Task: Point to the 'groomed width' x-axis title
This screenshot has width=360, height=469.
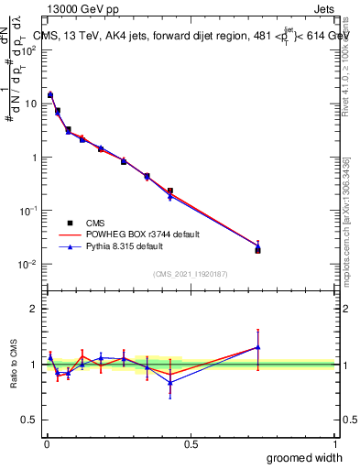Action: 305,457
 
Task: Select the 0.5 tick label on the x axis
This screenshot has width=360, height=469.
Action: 191,443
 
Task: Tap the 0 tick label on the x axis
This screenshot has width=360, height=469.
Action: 47,443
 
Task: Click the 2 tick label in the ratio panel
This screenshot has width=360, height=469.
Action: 34,309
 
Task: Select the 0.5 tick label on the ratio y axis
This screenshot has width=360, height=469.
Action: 29,420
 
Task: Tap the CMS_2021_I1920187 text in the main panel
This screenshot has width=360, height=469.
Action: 191,274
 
